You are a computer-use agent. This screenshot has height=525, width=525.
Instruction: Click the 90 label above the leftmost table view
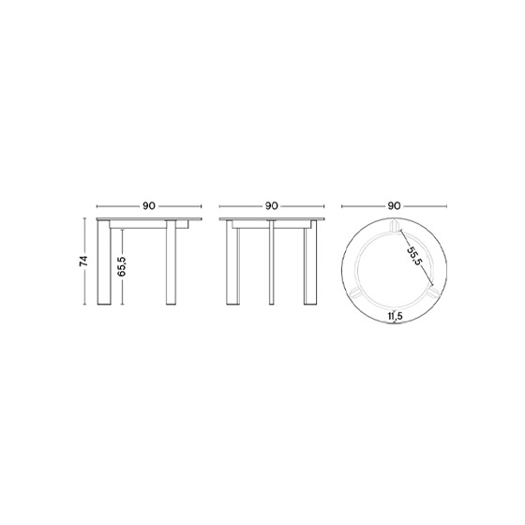(x=149, y=206)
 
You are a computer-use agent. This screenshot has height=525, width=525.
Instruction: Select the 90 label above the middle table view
(x=272, y=206)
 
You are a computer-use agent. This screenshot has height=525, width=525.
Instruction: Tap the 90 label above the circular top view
(x=394, y=206)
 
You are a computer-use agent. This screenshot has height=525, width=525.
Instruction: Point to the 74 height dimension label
(x=83, y=262)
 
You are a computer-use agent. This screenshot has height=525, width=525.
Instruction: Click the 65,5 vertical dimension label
(x=122, y=266)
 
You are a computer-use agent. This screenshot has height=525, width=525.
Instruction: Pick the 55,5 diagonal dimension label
(x=413, y=256)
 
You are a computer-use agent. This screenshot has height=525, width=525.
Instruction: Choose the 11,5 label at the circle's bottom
(x=395, y=315)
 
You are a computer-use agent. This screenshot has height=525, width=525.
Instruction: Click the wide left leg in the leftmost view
(x=104, y=262)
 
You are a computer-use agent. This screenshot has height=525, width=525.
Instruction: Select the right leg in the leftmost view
(x=171, y=262)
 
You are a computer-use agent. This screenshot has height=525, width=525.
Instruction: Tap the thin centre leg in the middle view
(x=272, y=262)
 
